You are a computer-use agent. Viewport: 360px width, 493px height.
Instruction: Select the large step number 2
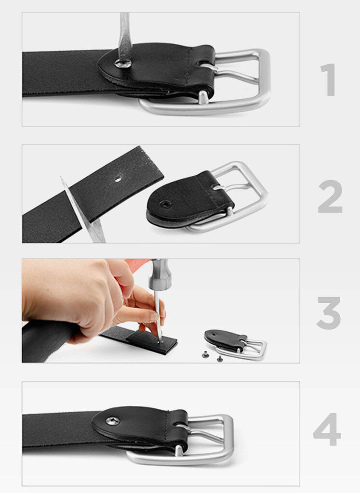330,196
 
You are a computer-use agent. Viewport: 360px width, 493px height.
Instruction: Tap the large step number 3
329,313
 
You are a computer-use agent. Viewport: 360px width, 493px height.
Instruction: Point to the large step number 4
327,429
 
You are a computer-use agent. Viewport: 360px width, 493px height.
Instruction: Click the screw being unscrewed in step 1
122,64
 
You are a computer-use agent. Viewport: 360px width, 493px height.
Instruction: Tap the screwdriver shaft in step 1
124,37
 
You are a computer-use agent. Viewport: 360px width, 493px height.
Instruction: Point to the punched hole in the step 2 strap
118,180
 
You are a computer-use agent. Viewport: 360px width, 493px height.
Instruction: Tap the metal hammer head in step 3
159,274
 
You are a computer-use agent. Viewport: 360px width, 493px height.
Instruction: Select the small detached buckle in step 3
236,344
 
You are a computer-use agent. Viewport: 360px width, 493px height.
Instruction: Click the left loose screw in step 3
206,355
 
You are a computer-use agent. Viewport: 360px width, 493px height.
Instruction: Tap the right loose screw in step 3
220,358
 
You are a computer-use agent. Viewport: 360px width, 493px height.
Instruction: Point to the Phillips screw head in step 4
112,420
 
